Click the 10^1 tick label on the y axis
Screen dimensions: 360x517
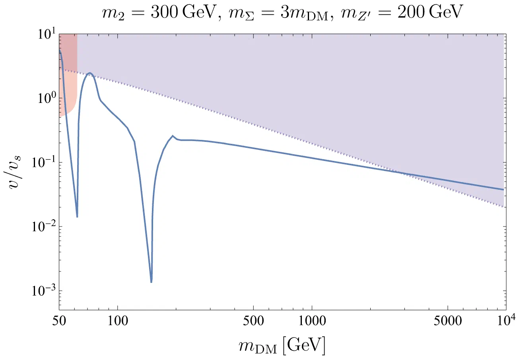click(x=43, y=35)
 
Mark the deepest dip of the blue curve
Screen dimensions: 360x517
click(x=152, y=282)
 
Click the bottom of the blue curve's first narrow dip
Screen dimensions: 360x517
click(x=77, y=217)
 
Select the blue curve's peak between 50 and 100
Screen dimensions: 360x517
click(x=90, y=73)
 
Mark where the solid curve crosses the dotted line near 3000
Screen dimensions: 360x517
click(x=402, y=173)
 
